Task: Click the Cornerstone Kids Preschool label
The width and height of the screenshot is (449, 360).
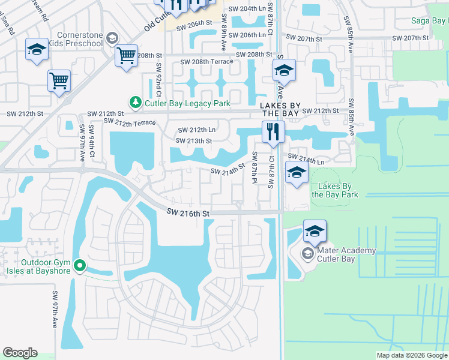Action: point(80,40)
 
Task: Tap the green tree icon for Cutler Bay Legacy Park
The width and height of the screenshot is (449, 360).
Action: point(136,103)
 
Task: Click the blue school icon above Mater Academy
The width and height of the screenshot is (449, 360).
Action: point(315,231)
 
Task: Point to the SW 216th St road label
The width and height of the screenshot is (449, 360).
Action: point(188,213)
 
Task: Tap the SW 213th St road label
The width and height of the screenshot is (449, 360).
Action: point(194,141)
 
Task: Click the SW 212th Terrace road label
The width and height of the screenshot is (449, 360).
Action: point(129,122)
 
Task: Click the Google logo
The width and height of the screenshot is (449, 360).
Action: point(20,353)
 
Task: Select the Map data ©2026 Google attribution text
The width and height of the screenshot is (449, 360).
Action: point(411,355)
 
